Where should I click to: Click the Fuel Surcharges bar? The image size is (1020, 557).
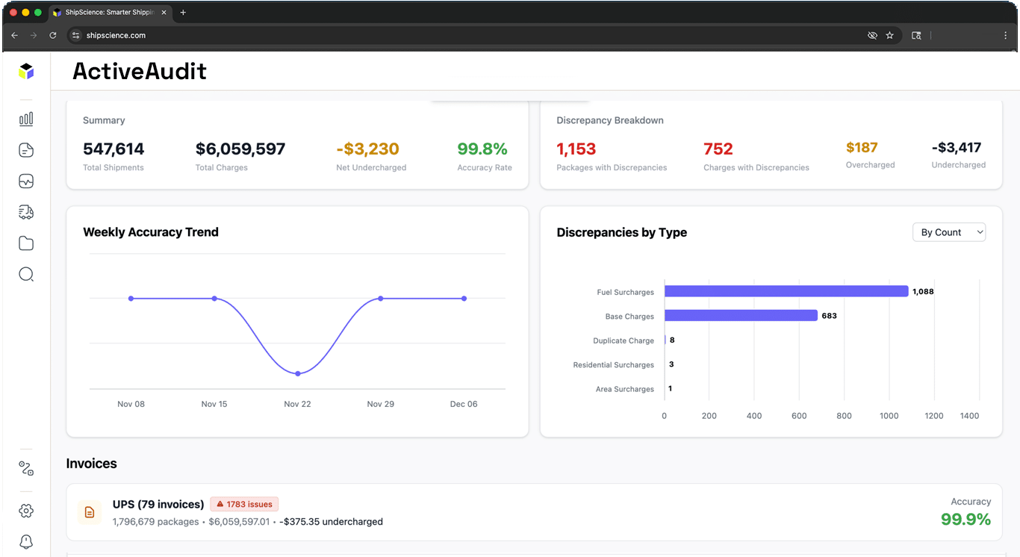(x=786, y=291)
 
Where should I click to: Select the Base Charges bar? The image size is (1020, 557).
(x=741, y=316)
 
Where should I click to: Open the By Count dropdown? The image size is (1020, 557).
(x=948, y=232)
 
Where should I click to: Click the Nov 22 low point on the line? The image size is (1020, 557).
(x=297, y=373)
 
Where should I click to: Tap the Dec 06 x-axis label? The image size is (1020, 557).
(x=463, y=404)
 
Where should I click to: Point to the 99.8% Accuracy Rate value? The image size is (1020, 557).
(x=482, y=149)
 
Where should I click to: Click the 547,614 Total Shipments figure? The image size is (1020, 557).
(x=113, y=149)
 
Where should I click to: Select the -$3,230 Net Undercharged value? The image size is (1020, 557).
(x=367, y=149)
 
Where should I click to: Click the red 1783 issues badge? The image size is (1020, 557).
(x=244, y=504)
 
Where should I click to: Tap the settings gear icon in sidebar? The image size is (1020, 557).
(x=26, y=511)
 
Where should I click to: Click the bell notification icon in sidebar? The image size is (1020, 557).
(x=26, y=541)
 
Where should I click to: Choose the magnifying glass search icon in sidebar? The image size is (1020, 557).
(x=26, y=274)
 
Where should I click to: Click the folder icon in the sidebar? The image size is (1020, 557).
(x=26, y=243)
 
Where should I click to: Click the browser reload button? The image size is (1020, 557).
(x=53, y=35)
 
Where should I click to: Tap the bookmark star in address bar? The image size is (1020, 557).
(x=889, y=35)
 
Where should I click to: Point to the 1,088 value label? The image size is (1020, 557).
(x=923, y=291)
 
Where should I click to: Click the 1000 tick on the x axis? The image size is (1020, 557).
(x=889, y=416)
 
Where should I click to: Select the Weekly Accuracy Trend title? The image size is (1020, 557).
(x=151, y=232)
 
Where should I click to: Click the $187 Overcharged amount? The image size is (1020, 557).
(x=862, y=148)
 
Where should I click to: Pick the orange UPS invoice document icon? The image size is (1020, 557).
(x=90, y=512)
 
